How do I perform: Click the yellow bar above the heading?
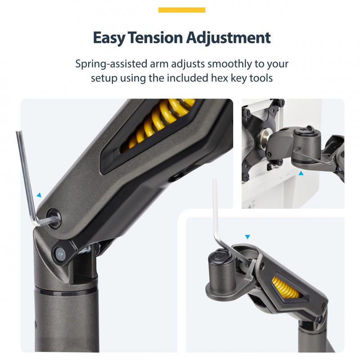pos(182,10)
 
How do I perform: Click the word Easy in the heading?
pos(109,38)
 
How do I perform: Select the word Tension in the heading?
pos(155,37)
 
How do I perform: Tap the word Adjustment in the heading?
pos(228,38)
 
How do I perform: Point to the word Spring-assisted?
pos(111,64)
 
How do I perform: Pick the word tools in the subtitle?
pos(261,78)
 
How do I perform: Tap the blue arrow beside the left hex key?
pos(39,195)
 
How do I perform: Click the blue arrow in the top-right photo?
pos(301,173)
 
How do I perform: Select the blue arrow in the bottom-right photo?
pos(247,237)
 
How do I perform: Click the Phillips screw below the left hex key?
pos(60,254)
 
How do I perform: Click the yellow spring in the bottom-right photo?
pos(285,287)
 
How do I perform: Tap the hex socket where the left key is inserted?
pos(54,218)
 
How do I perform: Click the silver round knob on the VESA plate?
pos(265,137)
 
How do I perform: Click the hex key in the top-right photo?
pos(312,157)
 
